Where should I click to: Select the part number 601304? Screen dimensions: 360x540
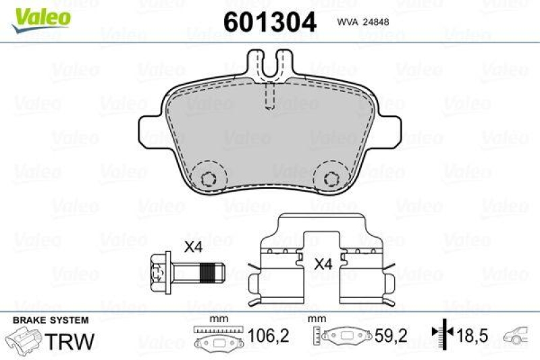269,22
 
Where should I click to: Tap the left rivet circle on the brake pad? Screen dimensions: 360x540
209,178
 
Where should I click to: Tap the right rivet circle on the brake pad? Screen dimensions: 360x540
331,178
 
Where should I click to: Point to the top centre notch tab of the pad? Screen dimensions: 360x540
269,64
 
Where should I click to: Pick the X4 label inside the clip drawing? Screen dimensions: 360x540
323,265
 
